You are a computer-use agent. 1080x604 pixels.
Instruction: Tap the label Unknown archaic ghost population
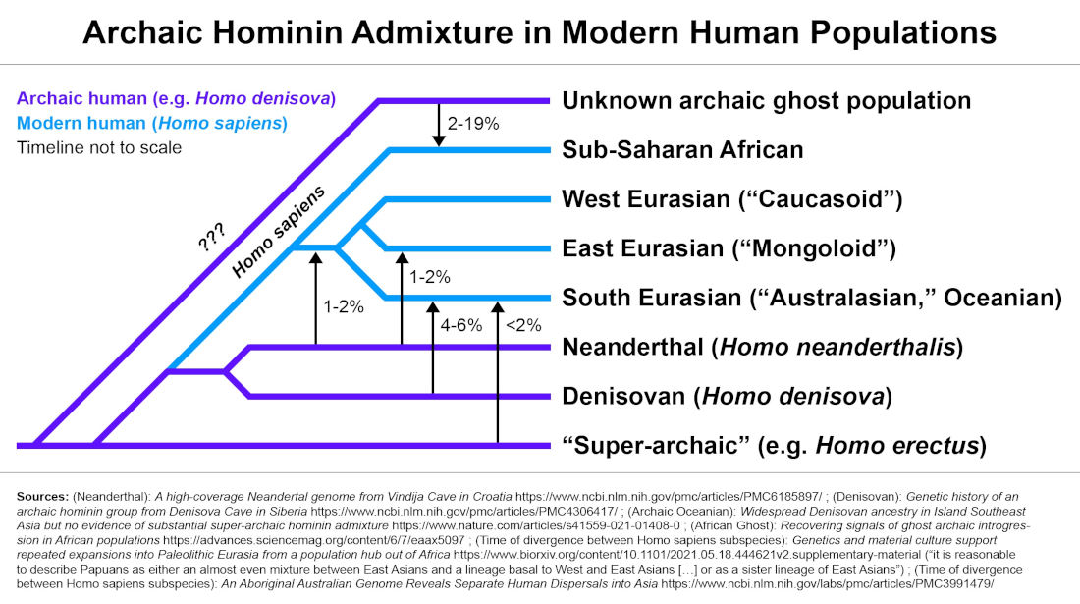(x=767, y=100)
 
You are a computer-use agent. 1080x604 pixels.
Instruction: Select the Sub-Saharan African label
(x=682, y=149)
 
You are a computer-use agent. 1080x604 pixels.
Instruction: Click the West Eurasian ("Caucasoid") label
(x=732, y=199)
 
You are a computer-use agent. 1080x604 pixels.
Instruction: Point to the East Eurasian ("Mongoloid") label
(x=729, y=247)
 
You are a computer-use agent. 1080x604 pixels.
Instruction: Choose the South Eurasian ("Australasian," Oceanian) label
(x=812, y=298)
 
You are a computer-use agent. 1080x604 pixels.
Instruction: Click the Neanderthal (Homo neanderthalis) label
(x=763, y=347)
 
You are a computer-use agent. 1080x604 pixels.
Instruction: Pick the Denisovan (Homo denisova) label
(x=728, y=396)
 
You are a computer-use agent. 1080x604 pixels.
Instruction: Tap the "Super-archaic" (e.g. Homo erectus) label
(x=775, y=446)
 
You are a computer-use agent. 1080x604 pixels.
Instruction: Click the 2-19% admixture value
(x=473, y=124)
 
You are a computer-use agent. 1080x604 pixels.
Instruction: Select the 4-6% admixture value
(x=461, y=325)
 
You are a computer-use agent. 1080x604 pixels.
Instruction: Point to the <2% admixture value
(x=523, y=325)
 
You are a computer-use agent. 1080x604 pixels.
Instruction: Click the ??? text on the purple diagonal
(x=211, y=238)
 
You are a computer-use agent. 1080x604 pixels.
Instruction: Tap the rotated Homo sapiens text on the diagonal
(x=278, y=232)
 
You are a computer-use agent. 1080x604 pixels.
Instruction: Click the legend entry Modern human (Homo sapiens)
(x=152, y=124)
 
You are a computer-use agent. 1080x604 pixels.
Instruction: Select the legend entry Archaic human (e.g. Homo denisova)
(x=177, y=98)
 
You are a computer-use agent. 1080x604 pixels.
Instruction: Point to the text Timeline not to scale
(x=99, y=147)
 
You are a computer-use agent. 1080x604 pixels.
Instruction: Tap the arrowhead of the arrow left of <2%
(x=498, y=307)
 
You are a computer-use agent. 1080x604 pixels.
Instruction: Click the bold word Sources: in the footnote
(x=42, y=497)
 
